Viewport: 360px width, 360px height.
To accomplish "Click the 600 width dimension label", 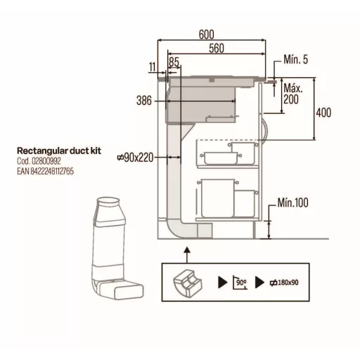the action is click(x=207, y=34).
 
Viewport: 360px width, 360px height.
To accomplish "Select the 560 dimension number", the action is click(x=217, y=49).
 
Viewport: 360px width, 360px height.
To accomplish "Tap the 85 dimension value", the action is click(x=174, y=62).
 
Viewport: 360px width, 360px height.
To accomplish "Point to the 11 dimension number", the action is click(x=153, y=67).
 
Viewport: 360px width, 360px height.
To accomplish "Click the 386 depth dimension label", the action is click(x=144, y=101).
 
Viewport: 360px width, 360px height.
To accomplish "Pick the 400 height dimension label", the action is click(x=323, y=112).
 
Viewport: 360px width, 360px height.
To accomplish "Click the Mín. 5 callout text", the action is click(x=295, y=60).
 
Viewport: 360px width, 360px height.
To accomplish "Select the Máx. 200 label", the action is click(x=293, y=94).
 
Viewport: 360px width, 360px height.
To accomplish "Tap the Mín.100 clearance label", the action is click(x=293, y=202).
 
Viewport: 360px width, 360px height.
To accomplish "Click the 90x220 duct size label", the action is click(x=136, y=157).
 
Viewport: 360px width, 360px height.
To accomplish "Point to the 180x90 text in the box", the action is click(x=284, y=283).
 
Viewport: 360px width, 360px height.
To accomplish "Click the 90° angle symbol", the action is click(x=240, y=283).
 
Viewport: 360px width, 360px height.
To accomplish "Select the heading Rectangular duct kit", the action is click(x=59, y=150).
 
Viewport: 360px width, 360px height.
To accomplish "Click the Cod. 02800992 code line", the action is click(x=39, y=161).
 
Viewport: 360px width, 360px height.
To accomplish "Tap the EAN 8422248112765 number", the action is click(x=45, y=172).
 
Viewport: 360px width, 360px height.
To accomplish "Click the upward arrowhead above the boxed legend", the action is click(x=187, y=250).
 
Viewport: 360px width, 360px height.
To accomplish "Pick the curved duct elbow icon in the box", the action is click(x=188, y=283).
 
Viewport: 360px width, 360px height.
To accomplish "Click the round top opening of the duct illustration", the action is click(x=108, y=200).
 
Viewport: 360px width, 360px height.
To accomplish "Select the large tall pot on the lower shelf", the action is click(x=217, y=198).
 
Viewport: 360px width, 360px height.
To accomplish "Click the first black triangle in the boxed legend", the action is click(x=222, y=282).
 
